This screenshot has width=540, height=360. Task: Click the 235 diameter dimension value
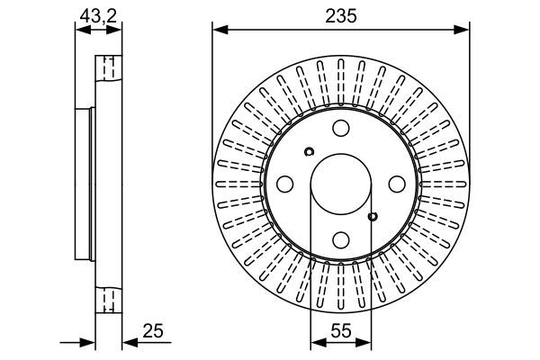[x=341, y=16]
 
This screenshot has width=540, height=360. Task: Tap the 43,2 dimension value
[x=98, y=15]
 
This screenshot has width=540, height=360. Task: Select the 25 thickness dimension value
[x=153, y=331]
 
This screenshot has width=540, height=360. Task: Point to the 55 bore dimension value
[x=341, y=331]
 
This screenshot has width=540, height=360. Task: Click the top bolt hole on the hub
[x=341, y=128]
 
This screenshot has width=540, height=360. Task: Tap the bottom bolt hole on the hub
[x=341, y=239]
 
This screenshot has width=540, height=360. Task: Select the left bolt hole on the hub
[x=284, y=184]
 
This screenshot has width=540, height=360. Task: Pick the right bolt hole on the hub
[x=397, y=184]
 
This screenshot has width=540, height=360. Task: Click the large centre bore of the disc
[x=341, y=184]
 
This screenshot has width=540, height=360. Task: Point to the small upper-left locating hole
[x=309, y=151]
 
